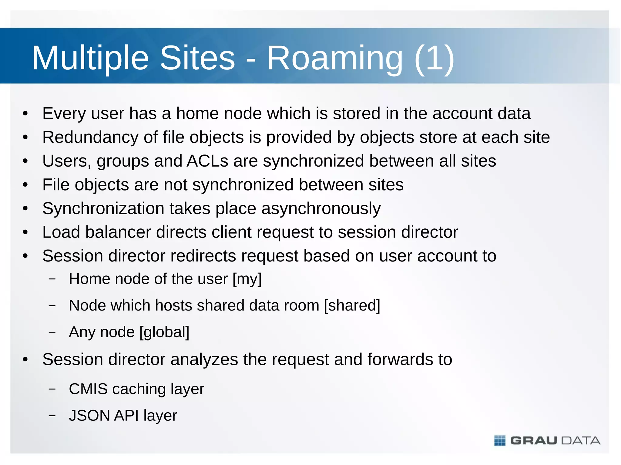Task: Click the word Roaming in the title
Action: pos(335,58)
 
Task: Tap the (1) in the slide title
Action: pos(434,58)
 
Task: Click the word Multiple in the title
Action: pos(90,58)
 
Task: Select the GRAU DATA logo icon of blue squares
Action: pos(500,440)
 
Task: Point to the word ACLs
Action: pos(207,161)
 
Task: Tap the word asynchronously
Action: pos(321,209)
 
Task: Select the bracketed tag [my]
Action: pos(247,279)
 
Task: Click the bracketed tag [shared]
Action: pos(352,305)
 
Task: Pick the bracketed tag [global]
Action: pos(164,332)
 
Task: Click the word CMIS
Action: pos(88,389)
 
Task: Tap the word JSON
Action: pos(89,415)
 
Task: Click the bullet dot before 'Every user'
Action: pos(25,114)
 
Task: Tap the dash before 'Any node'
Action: pos(52,332)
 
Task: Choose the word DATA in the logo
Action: pos(581,440)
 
